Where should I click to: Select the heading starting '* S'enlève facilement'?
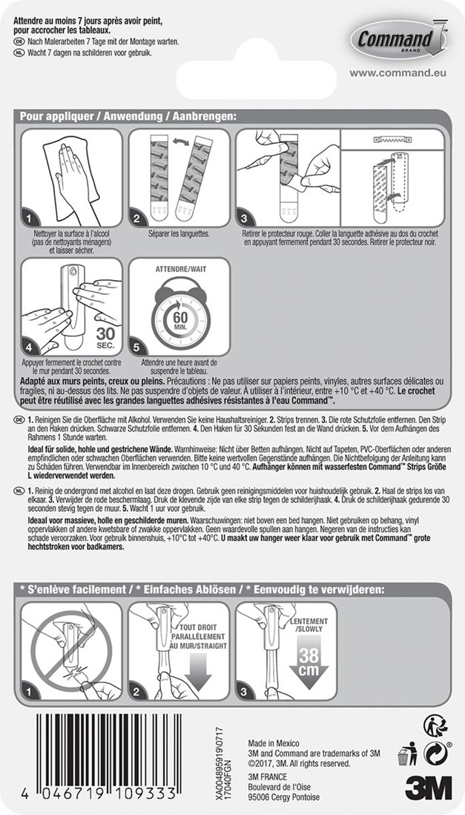pos(200,590)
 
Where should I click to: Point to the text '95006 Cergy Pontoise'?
pos(285,797)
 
